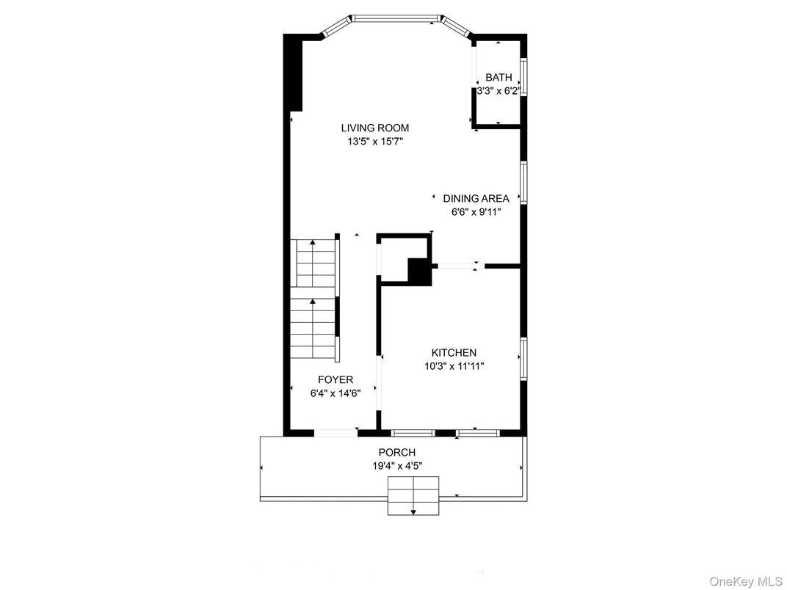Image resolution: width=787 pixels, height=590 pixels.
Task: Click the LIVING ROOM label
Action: (375, 128)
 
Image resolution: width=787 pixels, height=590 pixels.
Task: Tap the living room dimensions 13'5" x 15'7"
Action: (375, 142)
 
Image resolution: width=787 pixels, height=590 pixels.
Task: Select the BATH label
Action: (499, 77)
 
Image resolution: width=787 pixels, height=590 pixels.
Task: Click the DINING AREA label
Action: (476, 198)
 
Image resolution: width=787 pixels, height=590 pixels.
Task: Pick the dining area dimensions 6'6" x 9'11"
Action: (476, 212)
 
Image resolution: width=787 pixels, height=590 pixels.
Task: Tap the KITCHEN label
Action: (454, 353)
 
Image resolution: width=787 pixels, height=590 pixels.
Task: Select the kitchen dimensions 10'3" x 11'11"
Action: (454, 366)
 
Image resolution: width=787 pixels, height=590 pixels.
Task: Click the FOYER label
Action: (336, 380)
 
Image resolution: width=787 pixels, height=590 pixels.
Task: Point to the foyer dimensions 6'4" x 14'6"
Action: (336, 393)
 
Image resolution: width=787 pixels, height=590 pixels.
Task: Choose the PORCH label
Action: (397, 453)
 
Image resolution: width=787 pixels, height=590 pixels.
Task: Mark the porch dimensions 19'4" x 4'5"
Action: (397, 466)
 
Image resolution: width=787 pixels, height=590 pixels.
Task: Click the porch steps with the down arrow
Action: (413, 495)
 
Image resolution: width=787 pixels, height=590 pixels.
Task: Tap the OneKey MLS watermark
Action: (746, 581)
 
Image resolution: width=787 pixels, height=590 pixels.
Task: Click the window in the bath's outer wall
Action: (523, 77)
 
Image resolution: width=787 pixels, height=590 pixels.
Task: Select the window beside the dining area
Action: (523, 183)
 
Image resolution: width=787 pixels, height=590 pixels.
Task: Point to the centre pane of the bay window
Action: (397, 19)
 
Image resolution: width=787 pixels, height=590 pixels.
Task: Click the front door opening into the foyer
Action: (336, 433)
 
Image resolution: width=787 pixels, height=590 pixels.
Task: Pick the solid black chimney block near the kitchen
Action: (420, 272)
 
